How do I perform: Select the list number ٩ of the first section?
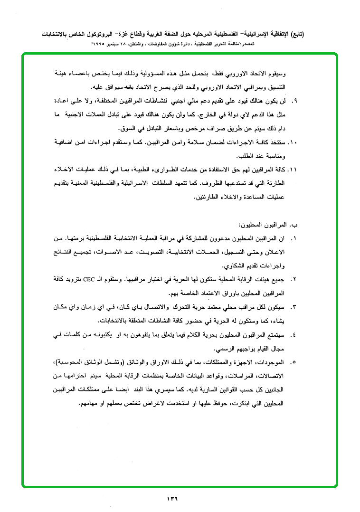pos(294,101)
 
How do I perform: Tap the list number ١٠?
pos(293,142)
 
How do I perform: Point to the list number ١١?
pos(293,170)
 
